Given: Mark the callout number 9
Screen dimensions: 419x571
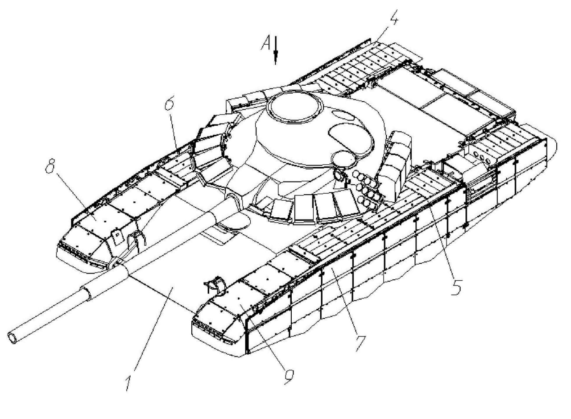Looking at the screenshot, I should (x=289, y=376).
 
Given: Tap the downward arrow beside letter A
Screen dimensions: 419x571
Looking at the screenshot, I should (x=276, y=50).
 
